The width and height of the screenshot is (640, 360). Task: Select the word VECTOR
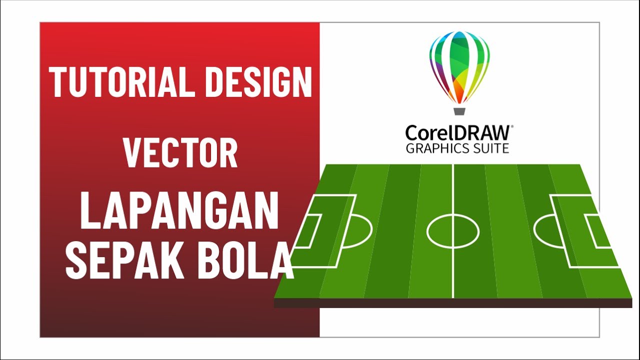click(x=180, y=153)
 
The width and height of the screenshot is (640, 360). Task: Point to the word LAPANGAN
click(x=179, y=212)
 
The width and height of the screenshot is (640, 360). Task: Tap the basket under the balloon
click(x=459, y=110)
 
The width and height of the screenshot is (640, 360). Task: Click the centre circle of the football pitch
click(x=453, y=231)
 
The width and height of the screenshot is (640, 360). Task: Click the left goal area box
click(x=309, y=231)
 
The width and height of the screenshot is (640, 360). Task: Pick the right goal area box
click(x=598, y=231)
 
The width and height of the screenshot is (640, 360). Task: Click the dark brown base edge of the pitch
click(x=453, y=303)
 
